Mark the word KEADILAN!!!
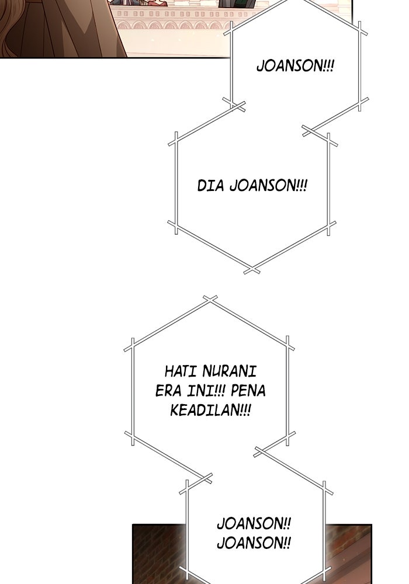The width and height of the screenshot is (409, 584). tap(210, 410)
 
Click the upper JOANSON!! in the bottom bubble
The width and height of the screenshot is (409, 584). tap(254, 524)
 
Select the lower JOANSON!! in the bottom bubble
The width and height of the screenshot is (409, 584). tap(254, 543)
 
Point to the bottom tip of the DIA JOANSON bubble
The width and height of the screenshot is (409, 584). tap(251, 270)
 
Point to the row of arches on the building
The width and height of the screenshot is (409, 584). tap(169, 25)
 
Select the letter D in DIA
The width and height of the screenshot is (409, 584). tap(202, 186)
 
